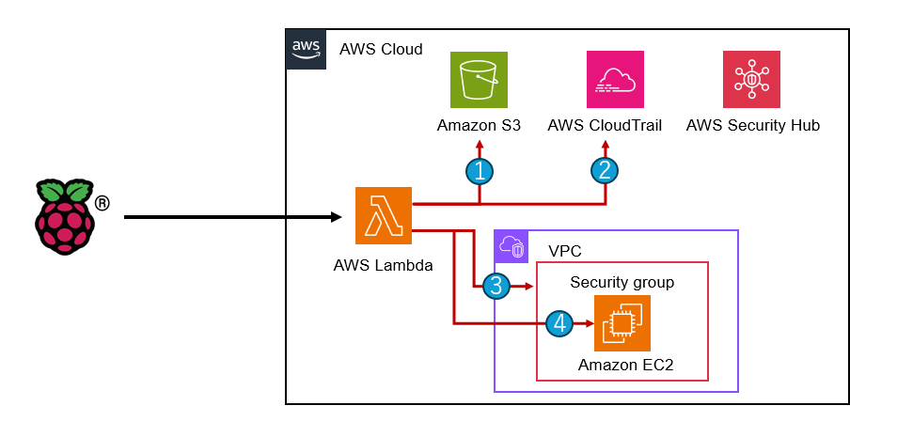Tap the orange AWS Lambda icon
385,215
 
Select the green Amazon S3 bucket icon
480,79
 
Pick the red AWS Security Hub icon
751,79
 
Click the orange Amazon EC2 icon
622,323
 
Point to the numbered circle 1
480,170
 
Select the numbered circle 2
605,170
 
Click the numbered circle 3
496,286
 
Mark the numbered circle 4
559,323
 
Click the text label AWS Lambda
383,265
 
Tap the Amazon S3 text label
479,125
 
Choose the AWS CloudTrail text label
605,125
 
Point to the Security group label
622,282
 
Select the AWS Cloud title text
381,49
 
